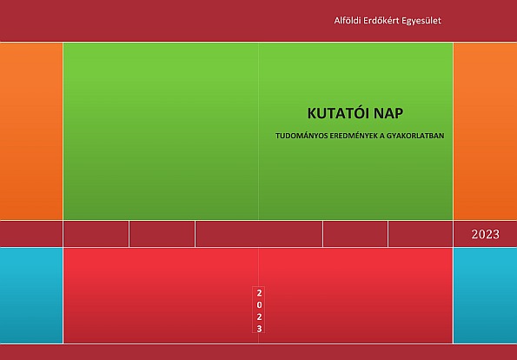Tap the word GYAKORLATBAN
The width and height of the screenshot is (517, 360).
tap(415, 136)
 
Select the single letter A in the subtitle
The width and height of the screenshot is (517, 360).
tap(381, 136)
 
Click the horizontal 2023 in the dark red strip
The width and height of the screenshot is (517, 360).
tap(486, 234)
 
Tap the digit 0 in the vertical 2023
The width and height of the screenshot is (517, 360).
tap(259, 305)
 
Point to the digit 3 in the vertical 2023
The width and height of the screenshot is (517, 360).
tap(259, 329)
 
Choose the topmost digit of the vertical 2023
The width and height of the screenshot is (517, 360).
tap(259, 293)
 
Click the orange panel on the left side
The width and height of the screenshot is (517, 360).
tap(31, 131)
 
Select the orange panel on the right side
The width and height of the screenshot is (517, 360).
tap(486, 131)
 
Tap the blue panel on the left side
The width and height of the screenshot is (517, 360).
tap(31, 296)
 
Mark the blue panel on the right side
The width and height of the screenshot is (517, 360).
tap(486, 296)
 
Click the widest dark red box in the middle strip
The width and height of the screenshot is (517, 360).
tap(259, 234)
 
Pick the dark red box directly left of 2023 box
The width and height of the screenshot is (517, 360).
tap(421, 234)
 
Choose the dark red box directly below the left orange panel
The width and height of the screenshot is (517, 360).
tap(31, 234)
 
